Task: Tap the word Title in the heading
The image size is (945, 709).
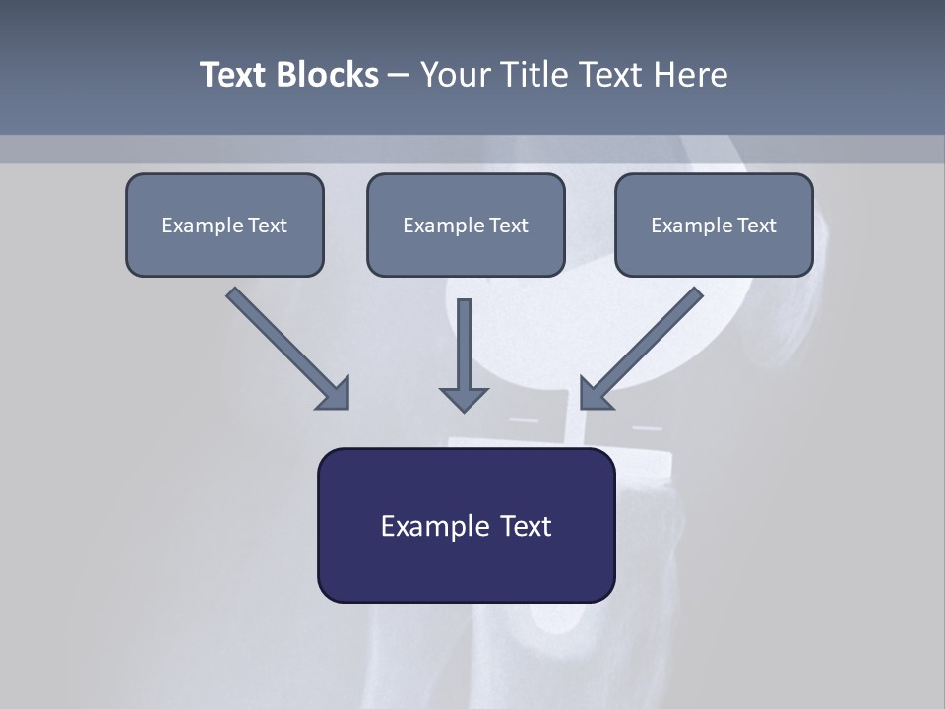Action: (x=535, y=75)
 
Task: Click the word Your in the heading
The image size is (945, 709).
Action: (x=456, y=75)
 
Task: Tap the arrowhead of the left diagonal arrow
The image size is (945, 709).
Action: (x=335, y=394)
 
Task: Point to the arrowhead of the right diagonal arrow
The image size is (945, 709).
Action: (x=595, y=394)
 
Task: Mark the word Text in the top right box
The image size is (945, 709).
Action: (x=756, y=226)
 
